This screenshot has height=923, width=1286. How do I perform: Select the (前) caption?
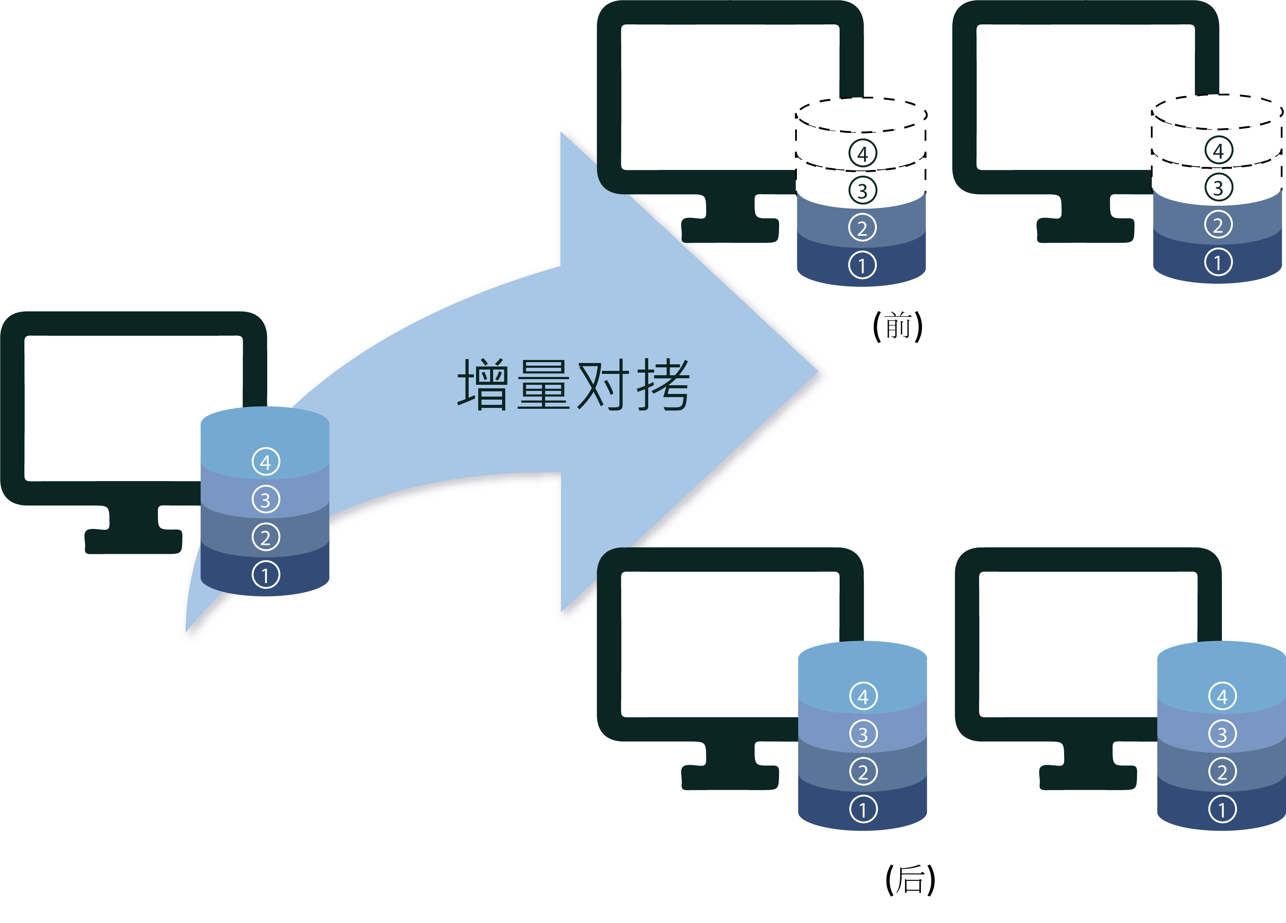tap(898, 326)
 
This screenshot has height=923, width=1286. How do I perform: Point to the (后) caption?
tap(910, 880)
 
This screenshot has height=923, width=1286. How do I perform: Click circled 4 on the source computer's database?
tap(265, 462)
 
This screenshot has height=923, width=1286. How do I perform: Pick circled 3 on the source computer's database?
tap(265, 499)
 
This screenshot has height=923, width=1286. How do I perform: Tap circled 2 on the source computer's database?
tap(265, 537)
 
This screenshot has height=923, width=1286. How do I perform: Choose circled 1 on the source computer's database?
tap(265, 575)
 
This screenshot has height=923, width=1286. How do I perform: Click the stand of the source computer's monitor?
tap(134, 530)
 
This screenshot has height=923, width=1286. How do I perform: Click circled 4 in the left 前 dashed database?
tap(862, 153)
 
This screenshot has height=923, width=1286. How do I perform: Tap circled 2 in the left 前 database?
tap(862, 228)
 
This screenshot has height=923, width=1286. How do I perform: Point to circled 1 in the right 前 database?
tap(1218, 262)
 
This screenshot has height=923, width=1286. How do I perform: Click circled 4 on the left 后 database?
tap(863, 696)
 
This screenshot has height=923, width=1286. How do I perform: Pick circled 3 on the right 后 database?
tap(1222, 734)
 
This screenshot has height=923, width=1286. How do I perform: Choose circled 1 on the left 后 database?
tap(863, 810)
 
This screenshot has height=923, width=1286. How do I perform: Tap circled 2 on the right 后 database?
tap(1222, 772)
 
